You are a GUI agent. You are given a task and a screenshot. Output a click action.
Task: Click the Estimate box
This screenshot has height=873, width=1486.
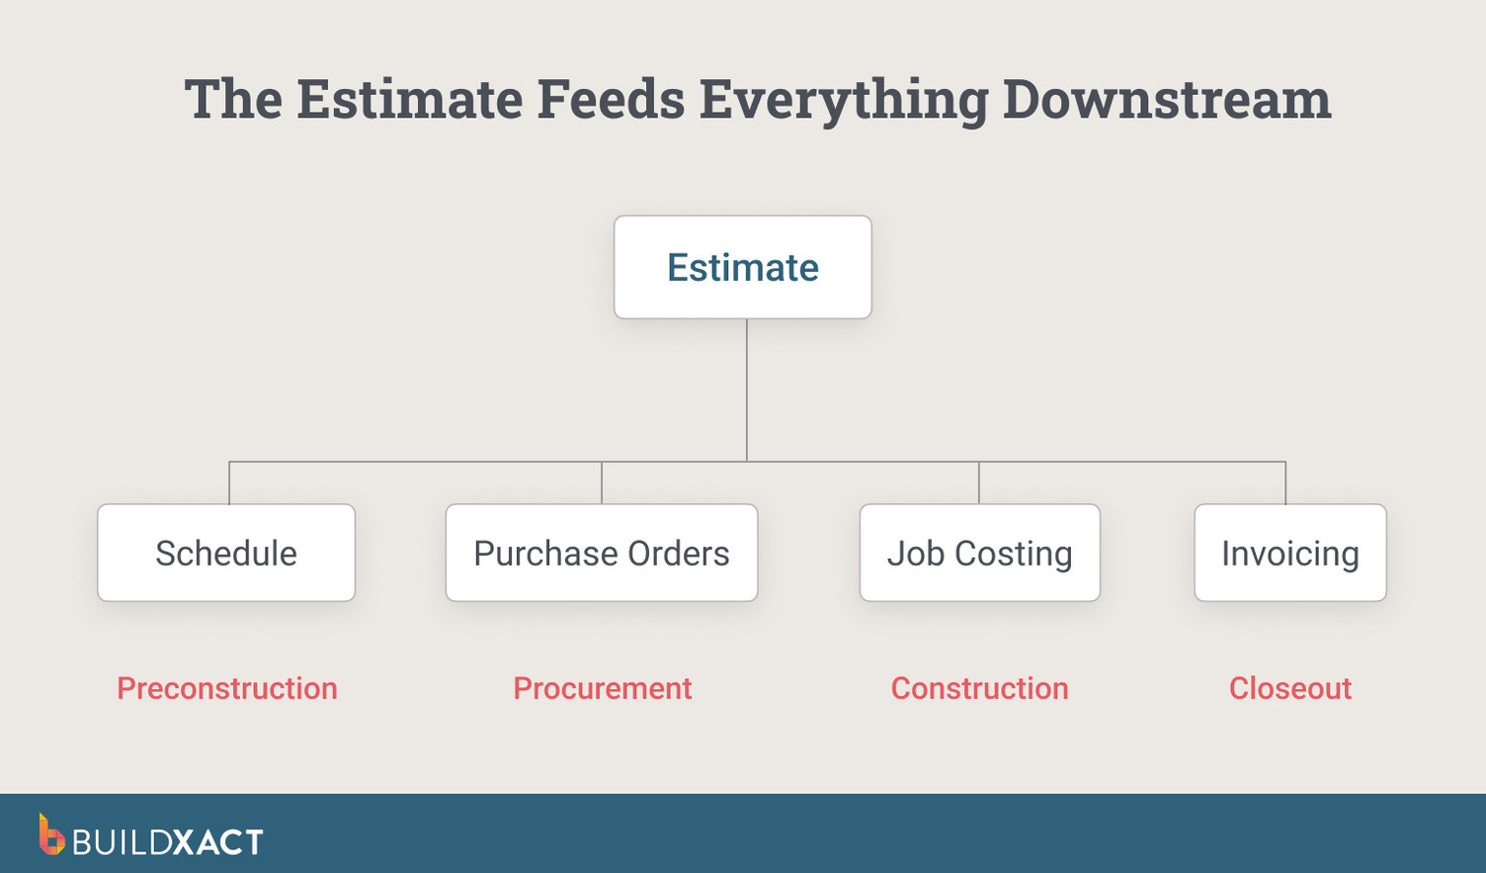click(742, 267)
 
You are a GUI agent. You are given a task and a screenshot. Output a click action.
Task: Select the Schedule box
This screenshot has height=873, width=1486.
click(226, 553)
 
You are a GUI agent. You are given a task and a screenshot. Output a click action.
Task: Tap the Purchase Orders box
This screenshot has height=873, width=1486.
click(601, 553)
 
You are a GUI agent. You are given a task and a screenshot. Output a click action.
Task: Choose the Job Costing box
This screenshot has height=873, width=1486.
click(979, 553)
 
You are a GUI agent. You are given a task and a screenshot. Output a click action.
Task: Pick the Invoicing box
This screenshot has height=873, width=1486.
click(1289, 553)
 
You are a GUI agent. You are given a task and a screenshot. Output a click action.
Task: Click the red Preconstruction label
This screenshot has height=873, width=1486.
click(227, 688)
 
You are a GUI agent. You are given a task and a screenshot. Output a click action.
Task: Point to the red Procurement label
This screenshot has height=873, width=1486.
click(602, 688)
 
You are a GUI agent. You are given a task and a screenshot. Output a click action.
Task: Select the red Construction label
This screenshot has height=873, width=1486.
click(979, 688)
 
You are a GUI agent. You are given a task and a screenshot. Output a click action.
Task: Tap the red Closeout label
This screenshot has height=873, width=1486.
click(1289, 688)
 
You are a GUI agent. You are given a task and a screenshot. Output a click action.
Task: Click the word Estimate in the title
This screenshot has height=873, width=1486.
click(409, 100)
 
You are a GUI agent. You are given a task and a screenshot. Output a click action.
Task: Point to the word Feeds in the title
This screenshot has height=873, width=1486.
click(610, 100)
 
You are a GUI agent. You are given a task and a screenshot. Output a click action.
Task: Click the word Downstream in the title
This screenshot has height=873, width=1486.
click(1167, 100)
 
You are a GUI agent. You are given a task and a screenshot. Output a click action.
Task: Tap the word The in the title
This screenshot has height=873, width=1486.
click(233, 100)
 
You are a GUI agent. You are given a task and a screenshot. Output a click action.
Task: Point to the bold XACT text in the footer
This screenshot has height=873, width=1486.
click(218, 842)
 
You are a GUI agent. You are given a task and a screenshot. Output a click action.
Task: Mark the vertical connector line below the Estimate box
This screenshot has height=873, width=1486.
click(747, 390)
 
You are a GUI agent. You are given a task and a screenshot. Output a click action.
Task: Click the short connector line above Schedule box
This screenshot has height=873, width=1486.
click(229, 482)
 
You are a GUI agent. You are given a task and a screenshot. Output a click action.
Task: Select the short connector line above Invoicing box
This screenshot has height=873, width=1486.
click(1285, 482)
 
